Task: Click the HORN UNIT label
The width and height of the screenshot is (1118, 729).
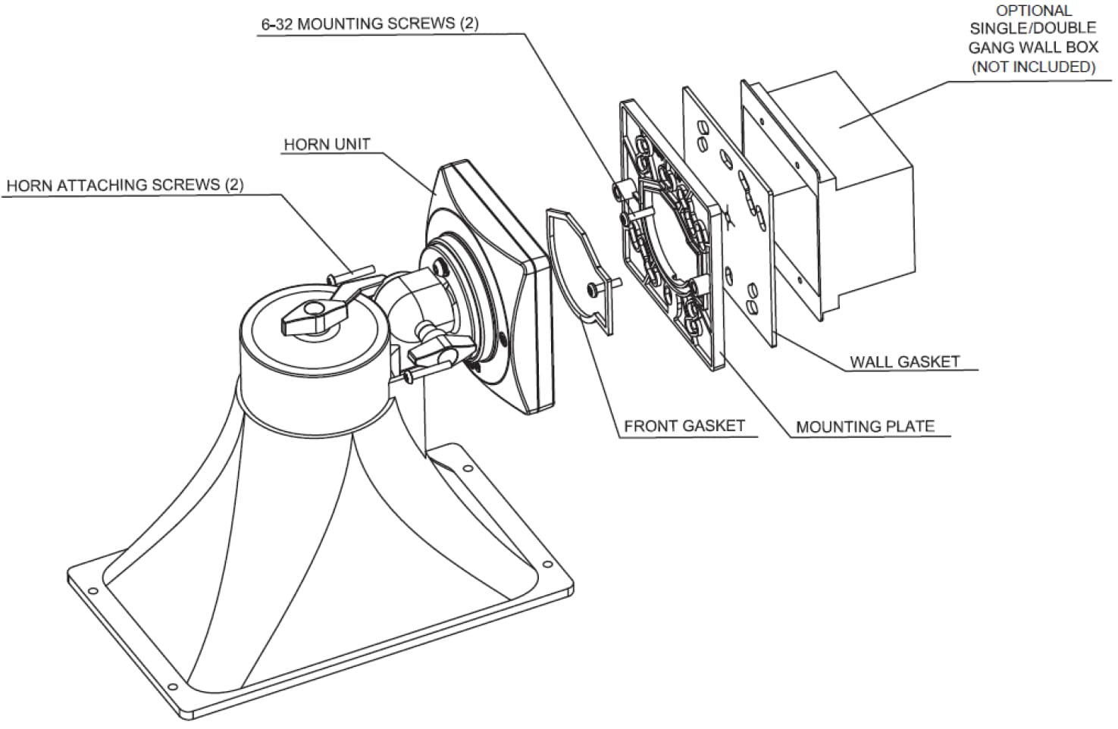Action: point(327,145)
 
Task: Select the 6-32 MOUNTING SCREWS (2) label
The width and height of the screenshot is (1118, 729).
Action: point(370,23)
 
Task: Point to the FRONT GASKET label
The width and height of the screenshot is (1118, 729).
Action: point(684,427)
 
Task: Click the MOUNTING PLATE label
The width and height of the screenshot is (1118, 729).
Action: point(865,427)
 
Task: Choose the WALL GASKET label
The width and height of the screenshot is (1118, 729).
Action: point(904,362)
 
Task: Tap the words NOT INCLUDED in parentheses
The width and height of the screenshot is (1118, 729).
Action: point(1033,67)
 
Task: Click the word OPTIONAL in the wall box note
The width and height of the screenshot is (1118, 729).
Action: point(1033,11)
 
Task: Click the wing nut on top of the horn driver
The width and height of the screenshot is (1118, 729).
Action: point(312,318)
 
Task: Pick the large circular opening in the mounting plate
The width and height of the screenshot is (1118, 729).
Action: point(667,235)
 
